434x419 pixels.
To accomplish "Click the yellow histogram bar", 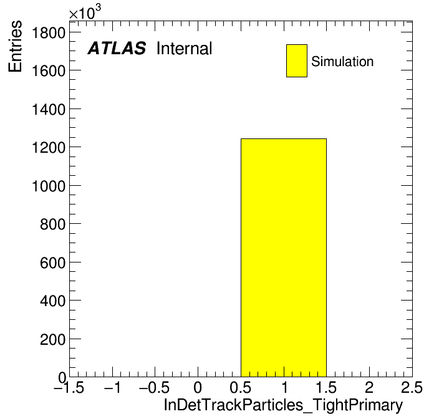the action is coord(284,258).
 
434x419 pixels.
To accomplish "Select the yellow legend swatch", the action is coord(297,60).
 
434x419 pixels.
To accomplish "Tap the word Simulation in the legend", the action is coord(342,62).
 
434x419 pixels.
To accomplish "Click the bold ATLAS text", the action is coord(117,48).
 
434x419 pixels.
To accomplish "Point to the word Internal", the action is coord(185,49).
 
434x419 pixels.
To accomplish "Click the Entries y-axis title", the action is coord(15,46).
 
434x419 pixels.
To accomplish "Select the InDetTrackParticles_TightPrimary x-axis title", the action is coord(283,405).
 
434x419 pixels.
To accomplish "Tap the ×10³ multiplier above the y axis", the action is coord(85,12).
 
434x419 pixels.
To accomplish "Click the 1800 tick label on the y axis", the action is coord(49,33).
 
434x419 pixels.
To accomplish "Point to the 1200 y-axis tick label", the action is coord(49,148).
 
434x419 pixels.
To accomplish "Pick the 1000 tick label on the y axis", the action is coord(49,186).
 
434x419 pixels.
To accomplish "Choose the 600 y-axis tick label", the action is coord(53,263).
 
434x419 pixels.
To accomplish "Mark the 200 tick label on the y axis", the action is coord(53,340).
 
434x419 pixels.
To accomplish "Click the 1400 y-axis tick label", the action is coord(49,110).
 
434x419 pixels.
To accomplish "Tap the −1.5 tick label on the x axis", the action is coord(69,387).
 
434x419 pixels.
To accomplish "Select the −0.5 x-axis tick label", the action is coord(155,387).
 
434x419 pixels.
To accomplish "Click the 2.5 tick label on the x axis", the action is coord(412,387).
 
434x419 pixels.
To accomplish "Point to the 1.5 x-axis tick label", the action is coord(326,387).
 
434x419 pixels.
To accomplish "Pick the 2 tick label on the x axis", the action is coord(369,387).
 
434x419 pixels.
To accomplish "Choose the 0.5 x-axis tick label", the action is coord(241,387).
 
